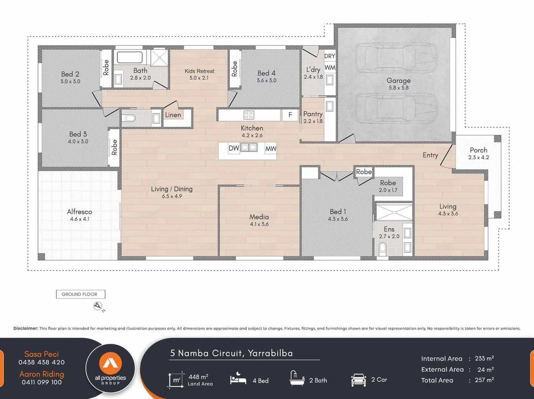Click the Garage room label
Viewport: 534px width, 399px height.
tap(399, 81)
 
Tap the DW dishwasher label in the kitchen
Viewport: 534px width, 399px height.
tap(234, 148)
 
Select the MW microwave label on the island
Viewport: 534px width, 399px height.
tap(271, 149)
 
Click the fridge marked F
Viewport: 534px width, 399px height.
tap(290, 115)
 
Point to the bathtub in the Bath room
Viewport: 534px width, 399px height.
tap(130, 57)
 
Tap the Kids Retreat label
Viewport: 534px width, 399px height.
tap(199, 71)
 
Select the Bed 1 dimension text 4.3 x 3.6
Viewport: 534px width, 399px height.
tap(337, 219)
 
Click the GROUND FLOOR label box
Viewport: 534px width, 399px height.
tap(80, 294)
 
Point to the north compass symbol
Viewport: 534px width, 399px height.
tap(98, 306)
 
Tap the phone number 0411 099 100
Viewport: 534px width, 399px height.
tap(41, 382)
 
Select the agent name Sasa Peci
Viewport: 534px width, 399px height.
tap(41, 354)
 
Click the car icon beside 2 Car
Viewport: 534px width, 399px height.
tap(358, 380)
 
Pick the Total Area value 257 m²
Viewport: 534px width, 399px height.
tap(484, 380)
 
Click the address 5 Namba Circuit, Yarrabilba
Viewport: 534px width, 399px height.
tap(231, 353)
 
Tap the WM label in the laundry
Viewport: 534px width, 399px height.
tap(330, 68)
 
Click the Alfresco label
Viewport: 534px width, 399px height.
tap(80, 212)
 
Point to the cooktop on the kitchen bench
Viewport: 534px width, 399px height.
tap(249, 115)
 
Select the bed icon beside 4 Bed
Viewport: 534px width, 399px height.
tap(238, 379)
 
